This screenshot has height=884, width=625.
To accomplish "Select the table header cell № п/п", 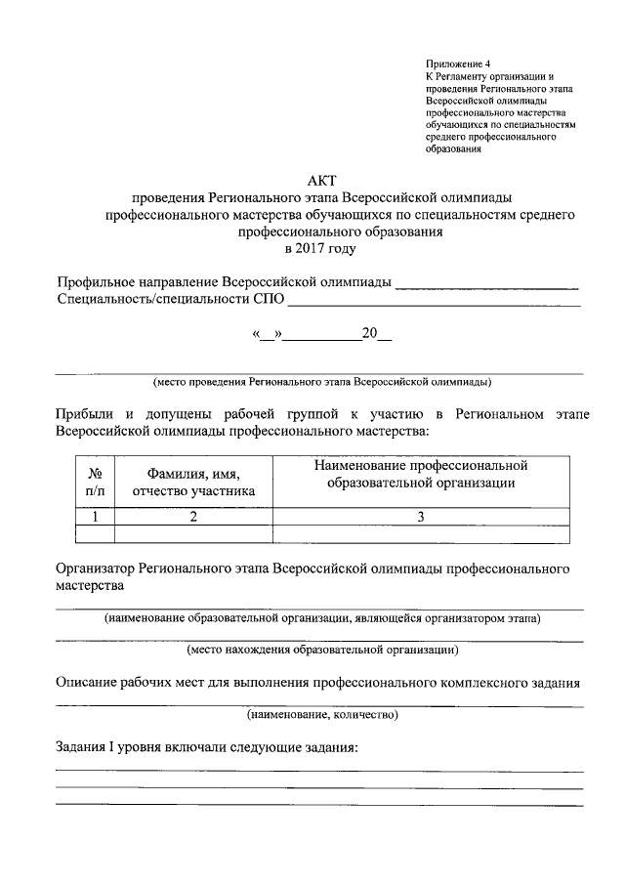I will click(x=95, y=482).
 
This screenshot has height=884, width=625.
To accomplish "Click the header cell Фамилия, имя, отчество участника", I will click(x=193, y=482).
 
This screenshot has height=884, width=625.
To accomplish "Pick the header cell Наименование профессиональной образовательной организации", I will click(x=421, y=473).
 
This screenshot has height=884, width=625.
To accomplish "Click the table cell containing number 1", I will click(x=95, y=518).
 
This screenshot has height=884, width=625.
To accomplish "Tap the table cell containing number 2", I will click(x=193, y=518).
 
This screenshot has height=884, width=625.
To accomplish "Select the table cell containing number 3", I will click(x=421, y=518).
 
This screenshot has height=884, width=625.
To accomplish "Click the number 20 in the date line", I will click(x=369, y=333).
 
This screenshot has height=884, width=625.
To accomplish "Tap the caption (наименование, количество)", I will click(x=322, y=716).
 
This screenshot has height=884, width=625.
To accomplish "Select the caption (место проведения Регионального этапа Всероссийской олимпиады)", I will click(x=321, y=382).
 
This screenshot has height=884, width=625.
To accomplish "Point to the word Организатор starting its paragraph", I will click(x=97, y=568).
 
